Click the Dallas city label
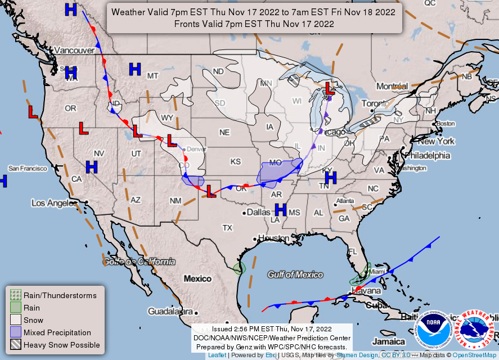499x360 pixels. tap(258, 213)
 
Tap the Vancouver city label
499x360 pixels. tap(74, 50)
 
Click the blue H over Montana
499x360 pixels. tap(134, 69)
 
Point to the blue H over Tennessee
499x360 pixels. tap(330, 178)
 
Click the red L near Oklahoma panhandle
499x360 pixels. tap(211, 191)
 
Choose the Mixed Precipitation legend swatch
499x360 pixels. tap(15, 332)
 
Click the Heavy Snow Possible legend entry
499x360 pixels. tap(61, 345)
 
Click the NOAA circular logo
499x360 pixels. tap(434, 328)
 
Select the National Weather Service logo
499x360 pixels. tap(474, 328)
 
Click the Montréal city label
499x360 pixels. tap(392, 86)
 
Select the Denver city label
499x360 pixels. tap(196, 149)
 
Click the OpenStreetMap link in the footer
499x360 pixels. tap(475, 355)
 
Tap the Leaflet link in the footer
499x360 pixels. tap(218, 355)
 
